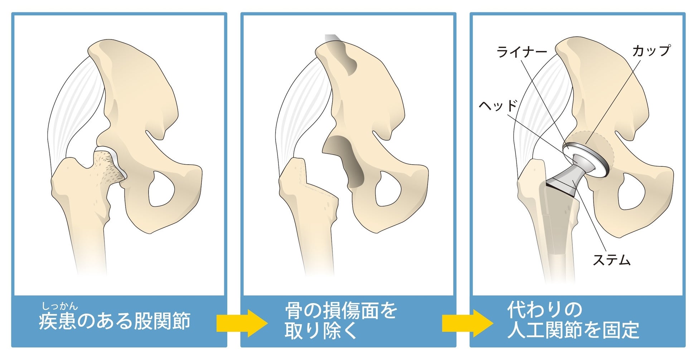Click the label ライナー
tap(522, 53)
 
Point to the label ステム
tap(611, 260)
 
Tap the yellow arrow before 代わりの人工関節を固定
tap(467, 323)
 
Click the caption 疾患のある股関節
tap(115, 321)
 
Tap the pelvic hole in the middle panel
tap(388, 189)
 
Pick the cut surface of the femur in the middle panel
tap(319, 186)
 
